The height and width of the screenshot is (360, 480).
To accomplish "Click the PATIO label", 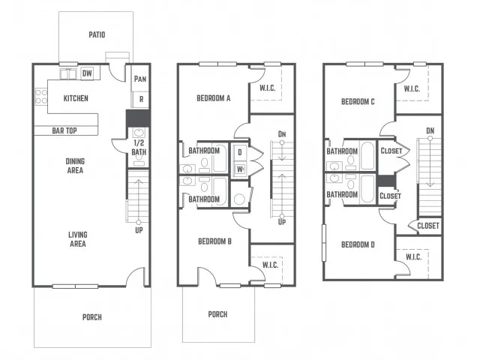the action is pos(97,34).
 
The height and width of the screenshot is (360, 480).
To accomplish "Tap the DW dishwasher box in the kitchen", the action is pos(87,73).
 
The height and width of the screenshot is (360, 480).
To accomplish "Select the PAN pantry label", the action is pos(140,79).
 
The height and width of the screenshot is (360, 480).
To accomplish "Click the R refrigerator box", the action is pos(141,99).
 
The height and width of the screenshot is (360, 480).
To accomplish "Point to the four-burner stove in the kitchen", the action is pos(41,97).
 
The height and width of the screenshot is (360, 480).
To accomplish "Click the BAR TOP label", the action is pos(64,130).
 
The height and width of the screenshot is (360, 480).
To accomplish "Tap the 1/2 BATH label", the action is pos(139,147).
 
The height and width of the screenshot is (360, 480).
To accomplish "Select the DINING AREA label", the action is pos(75,166).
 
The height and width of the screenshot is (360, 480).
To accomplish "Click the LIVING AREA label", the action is pos(78,239).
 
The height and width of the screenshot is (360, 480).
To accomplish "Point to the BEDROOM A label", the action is pos(213,98).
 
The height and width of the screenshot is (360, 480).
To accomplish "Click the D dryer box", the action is pos(240,152).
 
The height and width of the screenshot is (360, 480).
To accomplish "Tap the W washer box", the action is pos(240,169).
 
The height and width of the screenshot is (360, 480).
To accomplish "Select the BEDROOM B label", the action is pos(214,241).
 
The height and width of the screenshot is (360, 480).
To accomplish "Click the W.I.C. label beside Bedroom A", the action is pos(268,88).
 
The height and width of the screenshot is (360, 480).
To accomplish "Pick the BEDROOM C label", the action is pos(358,101).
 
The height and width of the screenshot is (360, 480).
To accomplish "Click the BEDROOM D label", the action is pos(358,244).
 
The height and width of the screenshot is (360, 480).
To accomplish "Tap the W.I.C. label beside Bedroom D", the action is pos(413,256).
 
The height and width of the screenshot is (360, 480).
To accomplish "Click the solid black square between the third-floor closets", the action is pos(386,181).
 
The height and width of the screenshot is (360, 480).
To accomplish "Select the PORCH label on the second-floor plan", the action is pos(217,314).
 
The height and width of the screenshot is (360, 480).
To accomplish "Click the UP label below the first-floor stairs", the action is pos(139,230).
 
